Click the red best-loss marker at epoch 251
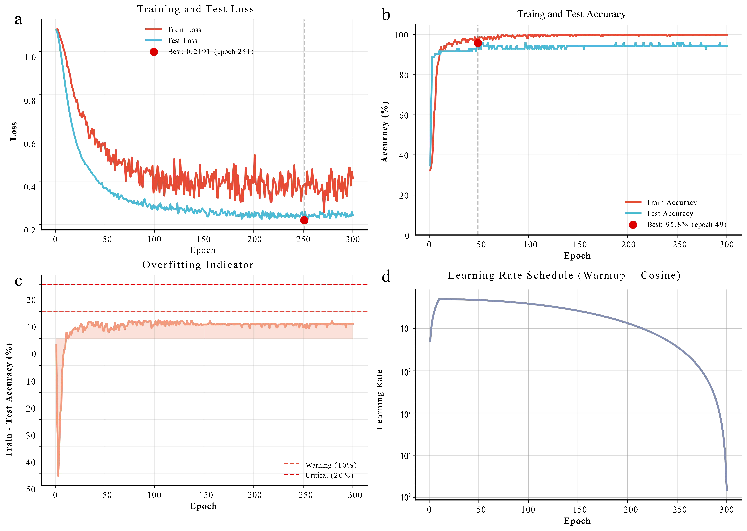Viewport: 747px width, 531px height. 304,220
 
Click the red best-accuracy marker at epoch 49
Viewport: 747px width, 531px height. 478,43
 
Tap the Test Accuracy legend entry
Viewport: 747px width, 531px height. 670,214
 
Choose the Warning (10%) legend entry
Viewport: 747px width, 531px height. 331,465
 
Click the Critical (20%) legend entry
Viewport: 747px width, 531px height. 329,475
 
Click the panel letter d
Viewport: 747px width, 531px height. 386,277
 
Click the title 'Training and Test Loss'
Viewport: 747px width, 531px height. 196,9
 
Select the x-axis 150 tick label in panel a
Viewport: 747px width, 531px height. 204,239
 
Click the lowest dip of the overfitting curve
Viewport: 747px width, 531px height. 58,476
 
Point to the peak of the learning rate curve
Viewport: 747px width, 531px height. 439,299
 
